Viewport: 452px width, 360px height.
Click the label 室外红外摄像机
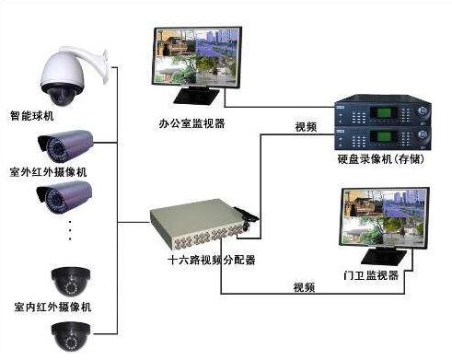(x=47, y=171)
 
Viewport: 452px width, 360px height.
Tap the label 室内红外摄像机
(x=47, y=306)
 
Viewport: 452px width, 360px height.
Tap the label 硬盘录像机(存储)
(x=381, y=160)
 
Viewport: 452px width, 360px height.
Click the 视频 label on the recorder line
(x=305, y=125)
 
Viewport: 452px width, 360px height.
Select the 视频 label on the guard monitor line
(x=305, y=286)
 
